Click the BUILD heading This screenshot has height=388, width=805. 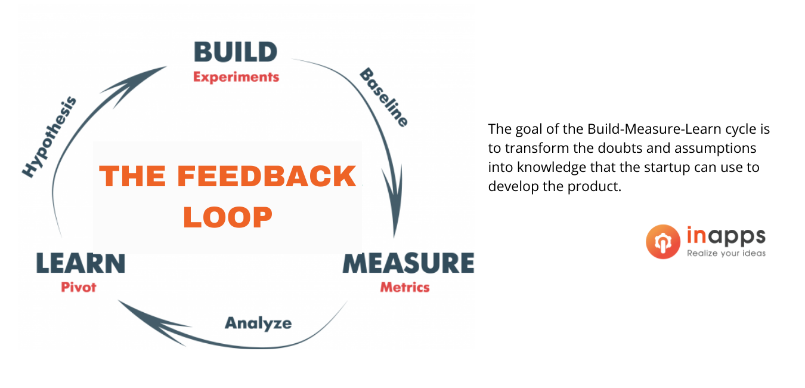pyautogui.click(x=236, y=52)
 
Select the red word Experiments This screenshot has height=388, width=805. pyautogui.click(x=236, y=77)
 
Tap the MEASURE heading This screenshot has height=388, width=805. pyautogui.click(x=408, y=263)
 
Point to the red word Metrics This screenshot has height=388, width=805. pyautogui.click(x=405, y=287)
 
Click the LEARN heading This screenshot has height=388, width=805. pyautogui.click(x=80, y=263)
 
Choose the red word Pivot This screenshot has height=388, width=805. pyautogui.click(x=78, y=287)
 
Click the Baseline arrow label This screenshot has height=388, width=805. pyautogui.click(x=383, y=97)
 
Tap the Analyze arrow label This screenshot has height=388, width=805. pyautogui.click(x=258, y=324)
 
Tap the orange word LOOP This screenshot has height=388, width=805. pyautogui.click(x=227, y=217)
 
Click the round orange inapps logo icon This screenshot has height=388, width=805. pyautogui.click(x=663, y=241)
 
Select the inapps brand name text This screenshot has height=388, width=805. pyautogui.click(x=726, y=236)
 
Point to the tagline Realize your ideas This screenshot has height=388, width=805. pyautogui.click(x=726, y=253)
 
